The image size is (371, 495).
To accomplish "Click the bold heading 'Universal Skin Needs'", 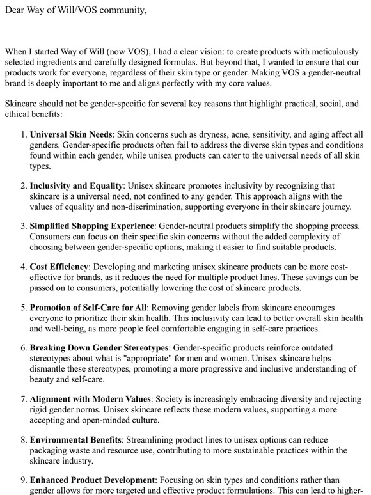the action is [71, 135].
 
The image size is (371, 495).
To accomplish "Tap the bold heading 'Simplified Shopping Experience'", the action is [92, 226].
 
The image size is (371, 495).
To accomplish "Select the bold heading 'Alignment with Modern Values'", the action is [90, 398].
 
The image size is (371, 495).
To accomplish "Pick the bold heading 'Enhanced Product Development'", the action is [92, 480].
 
